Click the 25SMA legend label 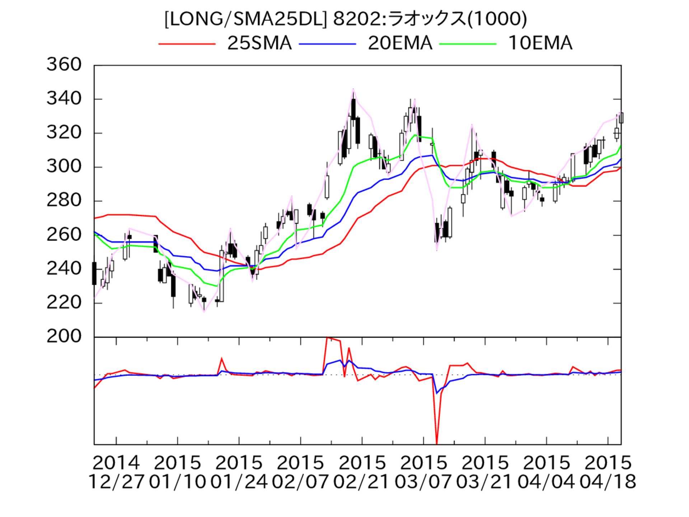coord(259,43)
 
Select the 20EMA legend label coord(400,43)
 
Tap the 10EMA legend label coord(540,43)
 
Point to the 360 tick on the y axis coord(64,65)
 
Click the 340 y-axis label coord(64,99)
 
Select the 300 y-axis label coord(64,167)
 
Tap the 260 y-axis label coord(64,235)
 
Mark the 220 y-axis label coord(64,303)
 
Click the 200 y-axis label coord(64,336)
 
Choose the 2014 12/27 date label coord(116,472)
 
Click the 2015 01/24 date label coord(239,472)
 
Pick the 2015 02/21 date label coord(362,472)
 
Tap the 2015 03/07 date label coord(423,472)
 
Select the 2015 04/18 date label coord(608,472)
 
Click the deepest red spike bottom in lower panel coord(437,444)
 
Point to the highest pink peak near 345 coord(353,89)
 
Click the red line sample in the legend coord(187,44)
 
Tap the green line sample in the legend coord(468,44)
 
